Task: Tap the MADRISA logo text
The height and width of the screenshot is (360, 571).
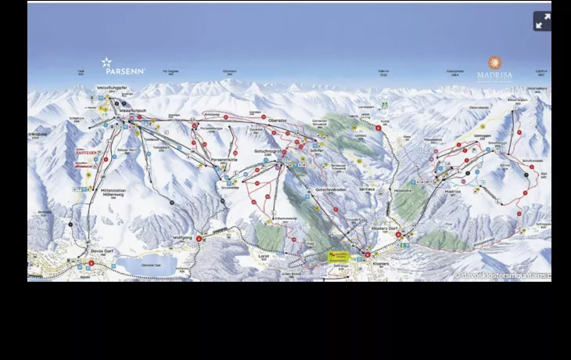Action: [494, 76]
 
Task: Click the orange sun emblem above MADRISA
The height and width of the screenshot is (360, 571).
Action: [494, 63]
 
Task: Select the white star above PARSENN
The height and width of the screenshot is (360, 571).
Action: [107, 62]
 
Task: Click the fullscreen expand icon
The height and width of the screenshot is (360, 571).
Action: [542, 21]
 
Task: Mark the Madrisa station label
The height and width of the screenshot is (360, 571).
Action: [453, 191]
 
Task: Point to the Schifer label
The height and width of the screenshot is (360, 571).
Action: [317, 149]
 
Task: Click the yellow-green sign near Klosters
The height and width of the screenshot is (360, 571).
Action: [339, 256]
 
